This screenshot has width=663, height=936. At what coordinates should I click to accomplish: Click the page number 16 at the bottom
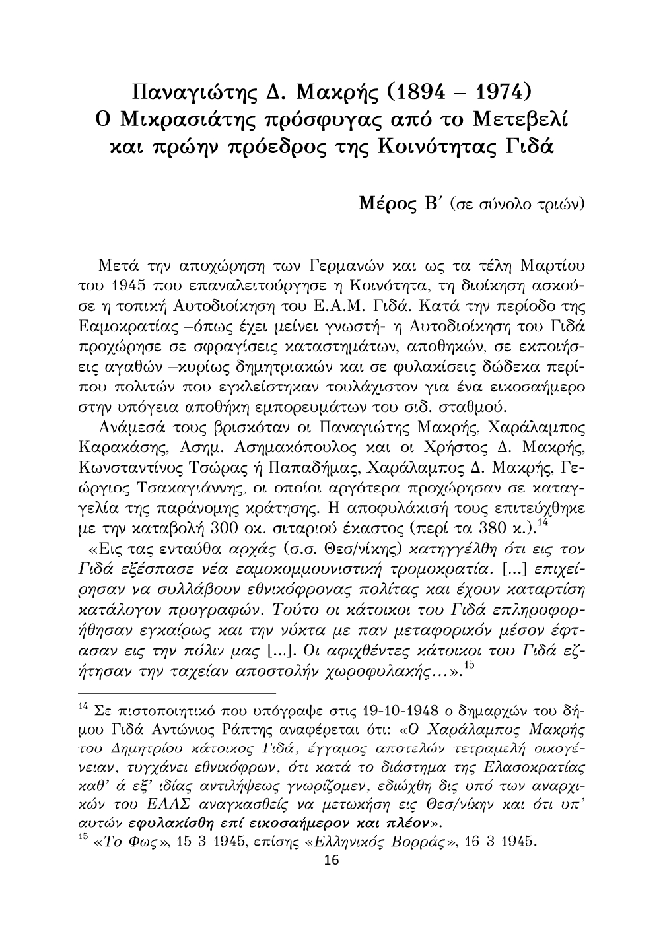click(331, 861)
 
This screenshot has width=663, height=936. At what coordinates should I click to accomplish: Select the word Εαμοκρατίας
click(127, 327)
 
